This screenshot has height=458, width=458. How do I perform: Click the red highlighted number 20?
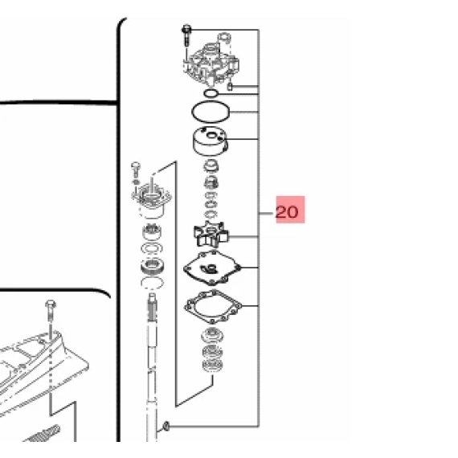pyautogui.click(x=287, y=212)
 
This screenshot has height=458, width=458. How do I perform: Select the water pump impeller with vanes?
pyautogui.click(x=211, y=234)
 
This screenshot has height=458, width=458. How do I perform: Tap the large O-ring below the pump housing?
pyautogui.click(x=211, y=112)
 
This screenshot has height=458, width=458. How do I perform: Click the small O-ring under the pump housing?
pyautogui.click(x=211, y=93)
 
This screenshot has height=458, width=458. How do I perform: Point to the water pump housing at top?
pyautogui.click(x=211, y=64)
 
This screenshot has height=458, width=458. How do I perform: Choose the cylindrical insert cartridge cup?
pyautogui.click(x=211, y=141)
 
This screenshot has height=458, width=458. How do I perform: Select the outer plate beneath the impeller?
pyautogui.click(x=212, y=268)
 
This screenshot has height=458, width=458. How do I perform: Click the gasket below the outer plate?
pyautogui.click(x=213, y=307)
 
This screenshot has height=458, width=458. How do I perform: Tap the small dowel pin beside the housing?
pyautogui.click(x=230, y=87)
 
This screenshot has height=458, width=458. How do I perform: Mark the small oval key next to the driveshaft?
pyautogui.click(x=166, y=426)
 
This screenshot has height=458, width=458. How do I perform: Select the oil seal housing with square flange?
pyautogui.click(x=151, y=200)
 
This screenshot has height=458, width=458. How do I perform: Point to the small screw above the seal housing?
pyautogui.click(x=136, y=170)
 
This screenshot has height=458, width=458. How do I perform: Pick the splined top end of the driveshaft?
pyautogui.click(x=153, y=307)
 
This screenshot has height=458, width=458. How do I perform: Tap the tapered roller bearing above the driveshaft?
pyautogui.click(x=152, y=267)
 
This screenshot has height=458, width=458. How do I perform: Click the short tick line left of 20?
pyautogui.click(x=266, y=214)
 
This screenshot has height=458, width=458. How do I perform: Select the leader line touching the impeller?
pyautogui.click(x=243, y=236)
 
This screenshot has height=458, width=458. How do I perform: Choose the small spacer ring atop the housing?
pyautogui.click(x=225, y=38)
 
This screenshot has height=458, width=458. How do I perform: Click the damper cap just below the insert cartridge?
pyautogui.click(x=211, y=166)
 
